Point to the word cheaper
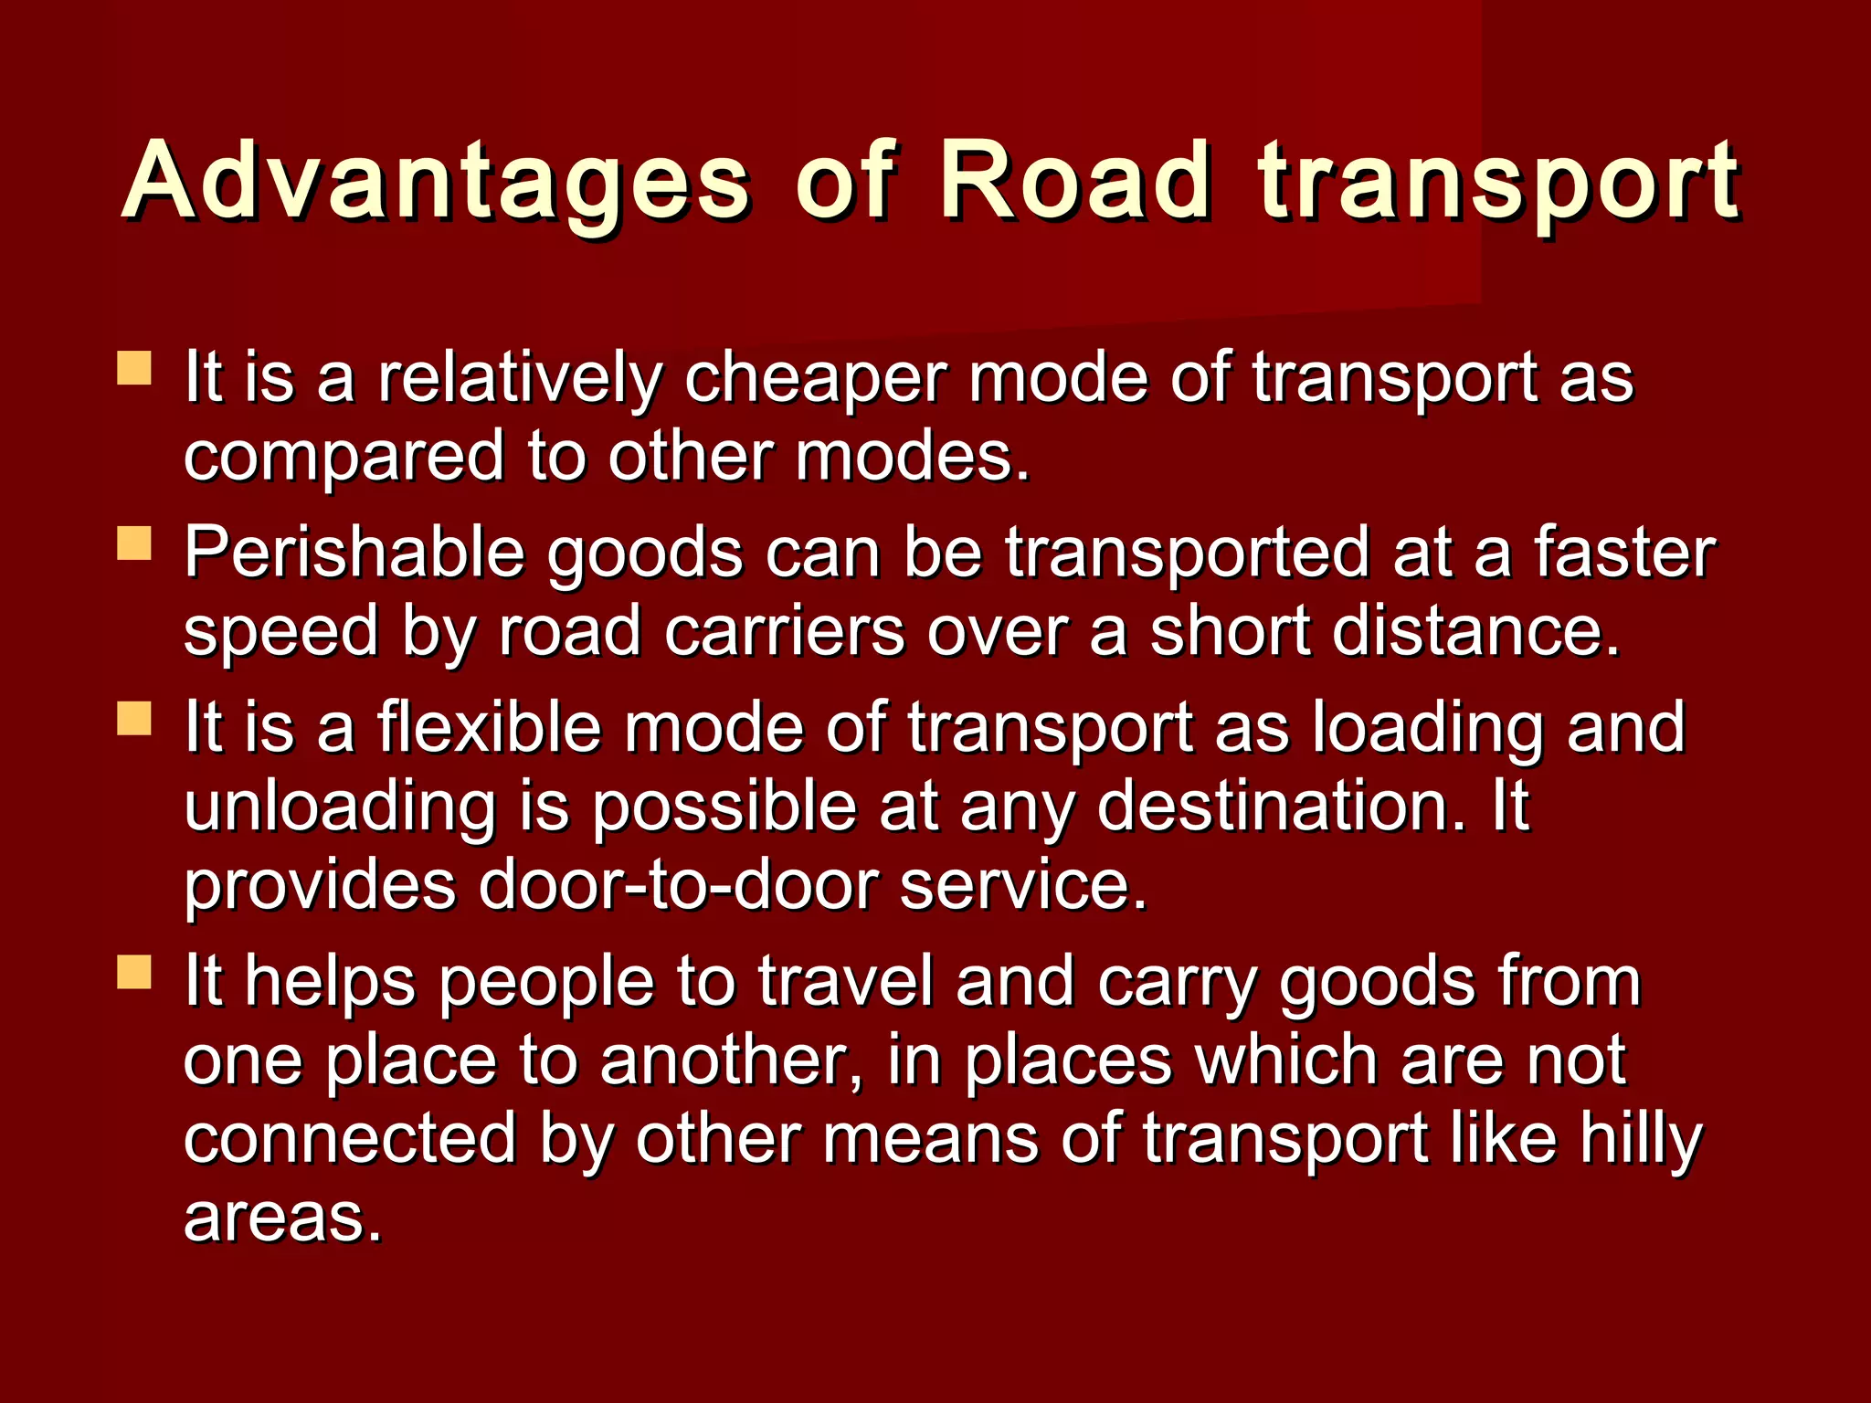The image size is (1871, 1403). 816,378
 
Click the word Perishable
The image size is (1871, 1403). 354,554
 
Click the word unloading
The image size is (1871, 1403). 340,807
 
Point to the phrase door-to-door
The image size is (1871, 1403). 678,885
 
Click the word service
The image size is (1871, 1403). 1023,885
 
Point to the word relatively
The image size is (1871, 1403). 520,378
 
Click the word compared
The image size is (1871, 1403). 344,457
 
